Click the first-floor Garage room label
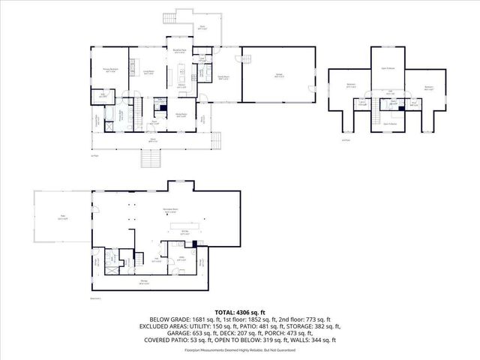278,76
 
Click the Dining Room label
181,115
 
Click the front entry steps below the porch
151,158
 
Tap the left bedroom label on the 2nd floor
351,85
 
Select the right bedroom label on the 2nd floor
428,87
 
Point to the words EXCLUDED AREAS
161,326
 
